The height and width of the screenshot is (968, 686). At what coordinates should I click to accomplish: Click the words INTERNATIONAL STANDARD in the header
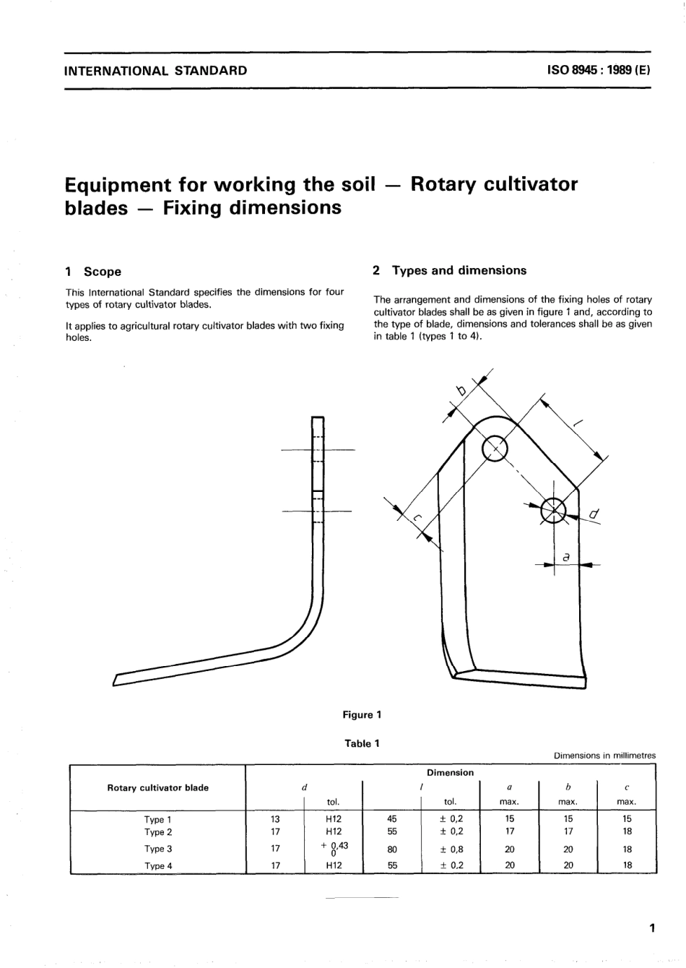click(x=156, y=71)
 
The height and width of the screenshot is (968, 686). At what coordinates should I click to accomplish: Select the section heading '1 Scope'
click(x=93, y=272)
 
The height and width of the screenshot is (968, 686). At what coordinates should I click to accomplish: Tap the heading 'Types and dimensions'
click(x=459, y=270)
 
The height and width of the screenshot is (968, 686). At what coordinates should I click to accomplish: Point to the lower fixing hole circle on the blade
click(x=554, y=510)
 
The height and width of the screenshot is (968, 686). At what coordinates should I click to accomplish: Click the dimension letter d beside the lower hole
click(x=594, y=515)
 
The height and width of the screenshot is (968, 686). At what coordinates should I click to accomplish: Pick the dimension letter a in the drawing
click(x=566, y=557)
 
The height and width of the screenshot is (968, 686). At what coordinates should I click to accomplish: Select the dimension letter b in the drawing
click(x=461, y=392)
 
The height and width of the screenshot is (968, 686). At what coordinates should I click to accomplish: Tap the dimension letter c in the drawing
click(x=417, y=517)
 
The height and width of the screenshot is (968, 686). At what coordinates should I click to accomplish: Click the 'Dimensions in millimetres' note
click(x=604, y=756)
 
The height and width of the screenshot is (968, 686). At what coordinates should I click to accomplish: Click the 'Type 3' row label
click(x=157, y=849)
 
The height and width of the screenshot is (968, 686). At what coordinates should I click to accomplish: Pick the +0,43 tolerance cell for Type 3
click(x=334, y=849)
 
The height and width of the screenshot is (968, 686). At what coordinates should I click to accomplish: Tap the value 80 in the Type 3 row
click(x=392, y=850)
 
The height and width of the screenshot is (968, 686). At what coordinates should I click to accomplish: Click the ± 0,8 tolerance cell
click(x=451, y=850)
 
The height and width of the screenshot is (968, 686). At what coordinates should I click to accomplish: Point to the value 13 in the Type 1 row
click(x=275, y=819)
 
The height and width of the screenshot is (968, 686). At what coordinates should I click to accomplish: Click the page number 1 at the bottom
click(x=651, y=928)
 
